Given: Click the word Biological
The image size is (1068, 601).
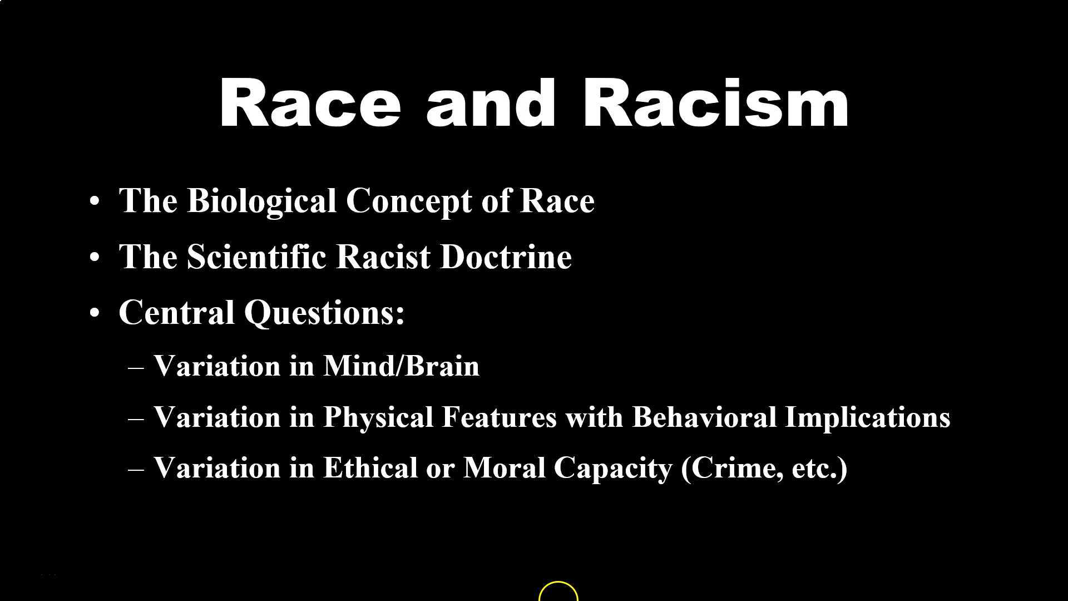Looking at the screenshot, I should coord(261,201).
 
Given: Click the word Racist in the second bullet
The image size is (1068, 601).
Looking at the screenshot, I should coord(383,257).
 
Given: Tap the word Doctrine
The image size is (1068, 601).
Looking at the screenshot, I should coord(506,257).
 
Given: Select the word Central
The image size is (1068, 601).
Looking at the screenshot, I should coord(176,312).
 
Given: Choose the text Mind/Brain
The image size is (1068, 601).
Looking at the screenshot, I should coord(401,366).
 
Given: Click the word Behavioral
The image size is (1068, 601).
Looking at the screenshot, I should coord(704,417).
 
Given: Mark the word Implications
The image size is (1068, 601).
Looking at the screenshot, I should coord(867,417).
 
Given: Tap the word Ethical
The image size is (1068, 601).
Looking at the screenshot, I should coord(370,467).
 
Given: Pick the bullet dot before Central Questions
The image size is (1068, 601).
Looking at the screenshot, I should coord(95,313).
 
